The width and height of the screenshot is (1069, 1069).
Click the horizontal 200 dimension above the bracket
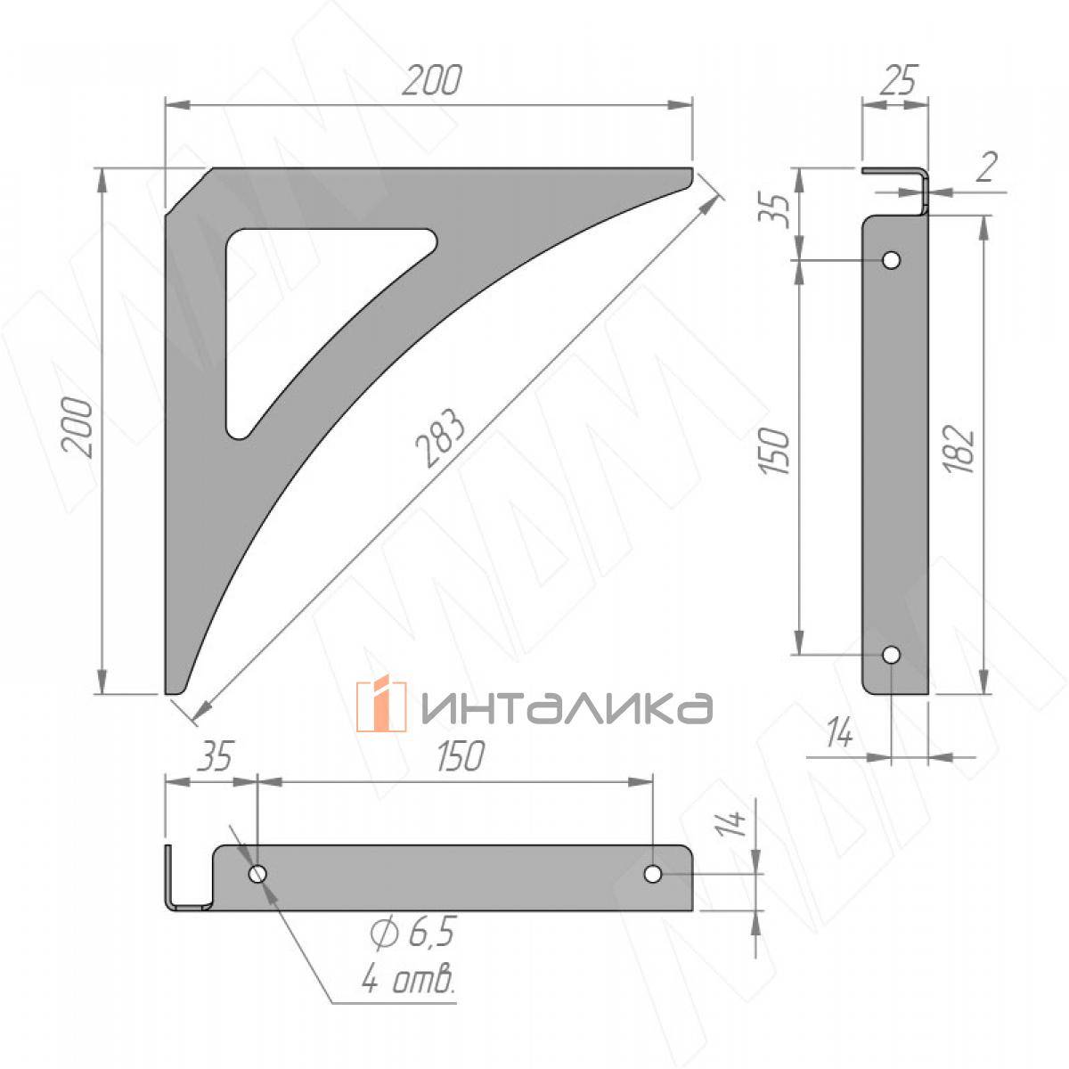pos(431,81)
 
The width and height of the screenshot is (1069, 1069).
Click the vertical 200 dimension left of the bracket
pos(78,428)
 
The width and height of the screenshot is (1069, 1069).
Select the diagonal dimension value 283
pos(440,438)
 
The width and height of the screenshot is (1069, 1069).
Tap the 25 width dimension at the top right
pos(899,80)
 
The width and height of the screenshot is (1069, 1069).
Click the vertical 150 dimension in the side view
pos(774,451)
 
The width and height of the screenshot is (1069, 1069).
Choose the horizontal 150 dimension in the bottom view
pos(460,755)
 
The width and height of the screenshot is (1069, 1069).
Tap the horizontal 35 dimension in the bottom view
pos(216,755)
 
